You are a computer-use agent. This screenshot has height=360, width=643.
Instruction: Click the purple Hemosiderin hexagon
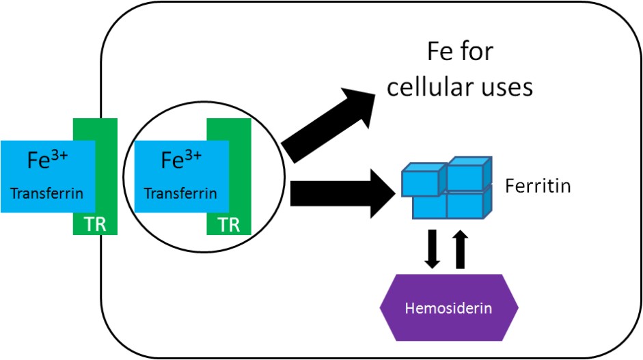coord(449,308)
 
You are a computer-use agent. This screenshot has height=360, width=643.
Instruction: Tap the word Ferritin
coord(538,186)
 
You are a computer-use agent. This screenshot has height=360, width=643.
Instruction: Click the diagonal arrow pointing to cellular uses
coord(329,124)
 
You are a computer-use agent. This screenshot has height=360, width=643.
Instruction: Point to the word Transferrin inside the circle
coord(180,193)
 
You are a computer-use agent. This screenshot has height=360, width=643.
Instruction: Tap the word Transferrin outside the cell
coord(47,193)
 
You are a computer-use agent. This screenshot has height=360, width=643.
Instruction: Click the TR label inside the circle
coord(229,225)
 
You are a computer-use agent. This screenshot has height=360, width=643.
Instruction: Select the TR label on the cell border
coord(95,225)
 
